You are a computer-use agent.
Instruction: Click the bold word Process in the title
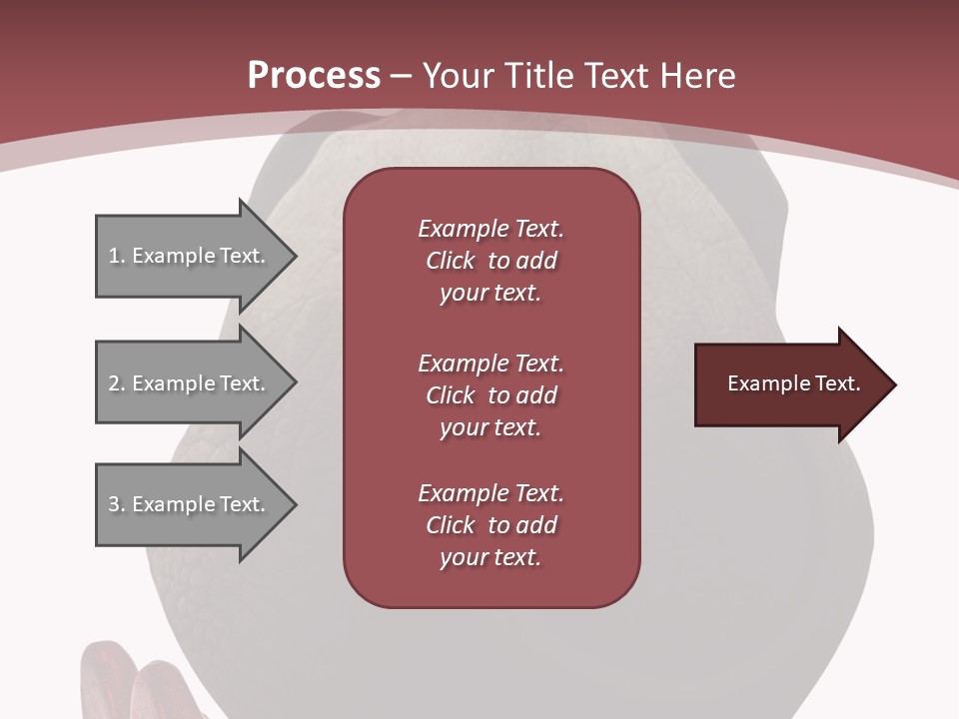click(313, 75)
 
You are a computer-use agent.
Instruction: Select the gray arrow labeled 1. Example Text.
click(190, 256)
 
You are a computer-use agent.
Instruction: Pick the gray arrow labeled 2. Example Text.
click(190, 383)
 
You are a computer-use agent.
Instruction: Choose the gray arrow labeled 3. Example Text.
click(190, 504)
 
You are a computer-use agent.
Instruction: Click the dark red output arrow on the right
click(789, 384)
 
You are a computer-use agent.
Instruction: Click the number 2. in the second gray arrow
click(116, 383)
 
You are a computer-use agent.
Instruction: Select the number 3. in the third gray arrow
click(116, 504)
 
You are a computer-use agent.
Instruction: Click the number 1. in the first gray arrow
click(116, 256)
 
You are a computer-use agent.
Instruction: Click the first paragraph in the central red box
click(490, 261)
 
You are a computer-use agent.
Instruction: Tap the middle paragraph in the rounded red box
click(490, 395)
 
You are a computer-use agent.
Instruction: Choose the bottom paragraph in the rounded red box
click(490, 525)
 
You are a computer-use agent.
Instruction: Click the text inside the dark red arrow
click(793, 383)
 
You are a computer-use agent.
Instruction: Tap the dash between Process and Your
click(401, 76)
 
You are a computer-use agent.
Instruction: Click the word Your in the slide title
click(458, 75)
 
